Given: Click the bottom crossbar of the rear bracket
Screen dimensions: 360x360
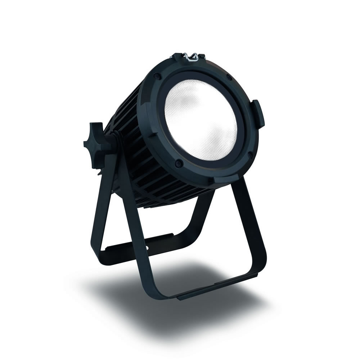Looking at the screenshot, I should (x=137, y=245).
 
